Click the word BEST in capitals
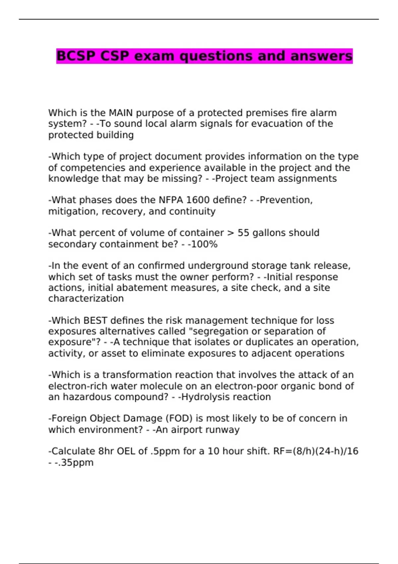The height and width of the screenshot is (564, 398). click(x=95, y=320)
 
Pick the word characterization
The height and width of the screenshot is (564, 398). click(x=86, y=299)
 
